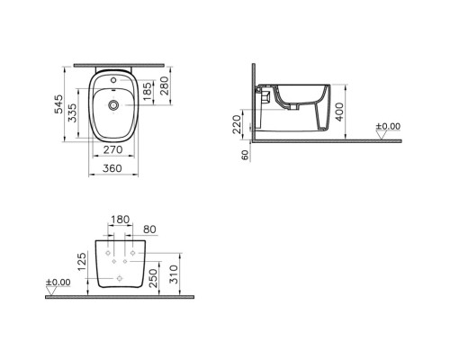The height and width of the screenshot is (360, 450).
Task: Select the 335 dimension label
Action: click(x=76, y=116)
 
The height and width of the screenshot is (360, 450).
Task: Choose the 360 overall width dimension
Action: click(x=112, y=169)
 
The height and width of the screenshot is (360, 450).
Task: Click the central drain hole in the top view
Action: click(x=113, y=106)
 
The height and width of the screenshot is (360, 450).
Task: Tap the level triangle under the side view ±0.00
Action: click(x=389, y=135)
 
